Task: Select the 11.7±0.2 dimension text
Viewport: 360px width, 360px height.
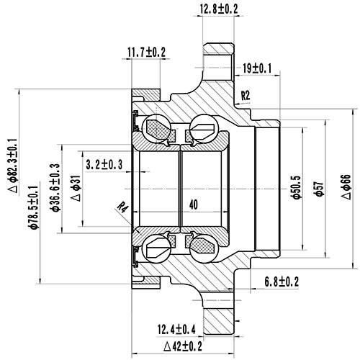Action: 146,53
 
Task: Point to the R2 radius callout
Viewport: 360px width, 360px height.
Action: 246,95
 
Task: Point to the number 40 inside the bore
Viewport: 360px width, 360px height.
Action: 192,204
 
